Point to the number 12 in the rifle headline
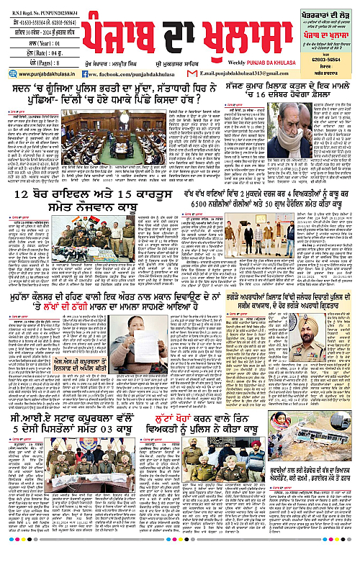click(x=42, y=194)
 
